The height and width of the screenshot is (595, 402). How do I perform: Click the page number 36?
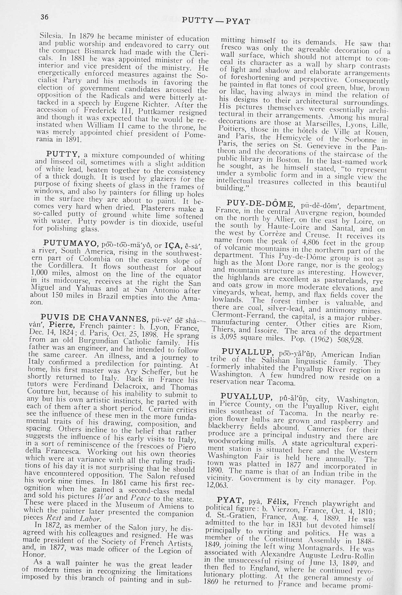(x=44, y=17)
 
